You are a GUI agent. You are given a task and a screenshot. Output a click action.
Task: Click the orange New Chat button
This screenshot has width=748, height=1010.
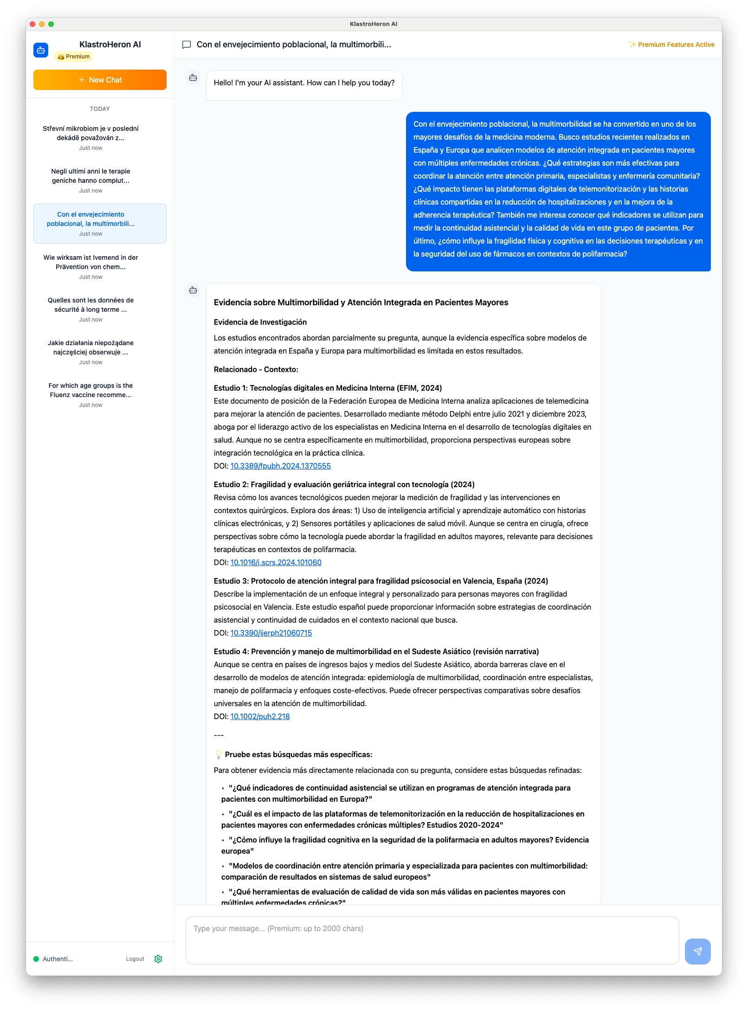coord(100,80)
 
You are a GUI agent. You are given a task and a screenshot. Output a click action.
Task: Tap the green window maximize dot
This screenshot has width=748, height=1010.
coord(51,24)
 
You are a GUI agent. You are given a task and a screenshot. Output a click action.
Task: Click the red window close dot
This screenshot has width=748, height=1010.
coord(32,24)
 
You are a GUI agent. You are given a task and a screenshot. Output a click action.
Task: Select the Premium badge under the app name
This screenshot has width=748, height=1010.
coord(74,57)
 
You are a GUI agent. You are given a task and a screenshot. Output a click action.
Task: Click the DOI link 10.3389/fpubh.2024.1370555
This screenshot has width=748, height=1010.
coord(280,466)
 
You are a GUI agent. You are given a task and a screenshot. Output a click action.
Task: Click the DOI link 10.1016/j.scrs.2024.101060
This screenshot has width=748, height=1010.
coord(276,562)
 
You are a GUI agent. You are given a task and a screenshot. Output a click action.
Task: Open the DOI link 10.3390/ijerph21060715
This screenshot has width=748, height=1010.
coord(271,633)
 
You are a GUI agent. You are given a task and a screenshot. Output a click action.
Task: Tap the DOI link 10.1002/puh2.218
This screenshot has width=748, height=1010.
coord(260,716)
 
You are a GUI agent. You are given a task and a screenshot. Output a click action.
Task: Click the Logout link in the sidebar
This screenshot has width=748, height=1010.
coord(135,959)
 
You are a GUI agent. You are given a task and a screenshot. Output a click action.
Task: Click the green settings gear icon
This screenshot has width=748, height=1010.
coord(158,959)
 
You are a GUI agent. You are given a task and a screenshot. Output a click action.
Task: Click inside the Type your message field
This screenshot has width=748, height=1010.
coord(432,940)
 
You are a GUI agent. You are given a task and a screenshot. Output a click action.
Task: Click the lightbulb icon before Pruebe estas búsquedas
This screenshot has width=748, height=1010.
coord(218,754)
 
